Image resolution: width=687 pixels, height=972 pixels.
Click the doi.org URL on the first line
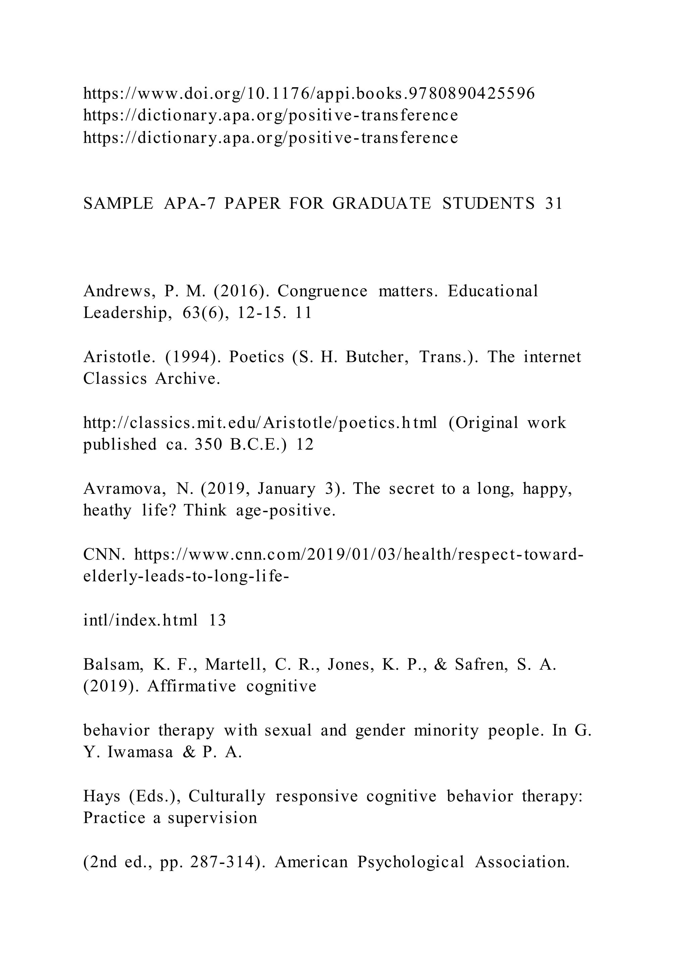tap(309, 94)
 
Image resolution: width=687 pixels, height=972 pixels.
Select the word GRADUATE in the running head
tap(381, 204)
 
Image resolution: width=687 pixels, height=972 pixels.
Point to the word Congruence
tap(322, 291)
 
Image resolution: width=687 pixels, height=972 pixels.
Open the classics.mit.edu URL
tap(260, 423)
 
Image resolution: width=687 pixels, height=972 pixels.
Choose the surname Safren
tap(481, 665)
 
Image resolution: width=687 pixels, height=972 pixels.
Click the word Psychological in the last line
tap(410, 862)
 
